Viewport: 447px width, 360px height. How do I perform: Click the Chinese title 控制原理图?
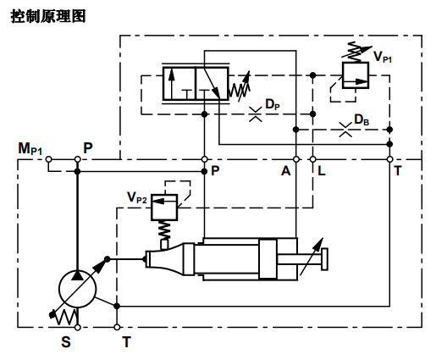tap(49, 16)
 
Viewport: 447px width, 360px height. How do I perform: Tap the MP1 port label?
tap(30, 149)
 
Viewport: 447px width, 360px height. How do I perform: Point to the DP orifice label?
tap(272, 104)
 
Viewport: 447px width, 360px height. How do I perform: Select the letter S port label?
tap(66, 343)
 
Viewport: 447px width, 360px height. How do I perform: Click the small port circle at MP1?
tap(49, 158)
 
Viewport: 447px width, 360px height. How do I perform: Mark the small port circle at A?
tap(295, 158)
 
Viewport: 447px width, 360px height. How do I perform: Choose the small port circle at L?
tap(312, 158)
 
